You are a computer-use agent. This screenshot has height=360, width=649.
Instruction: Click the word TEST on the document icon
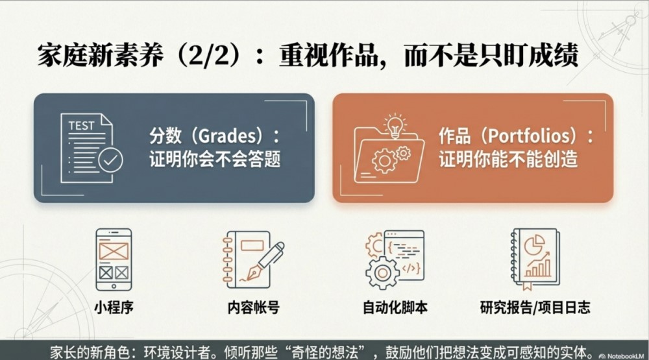point(82,125)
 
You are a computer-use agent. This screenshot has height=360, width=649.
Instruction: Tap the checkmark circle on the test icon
point(110,160)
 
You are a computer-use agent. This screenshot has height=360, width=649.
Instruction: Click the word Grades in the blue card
point(228,136)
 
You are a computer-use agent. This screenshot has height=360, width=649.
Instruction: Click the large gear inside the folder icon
point(384,160)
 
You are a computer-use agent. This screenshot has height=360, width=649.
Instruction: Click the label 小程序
point(114,307)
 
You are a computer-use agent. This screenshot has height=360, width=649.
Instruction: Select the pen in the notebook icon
point(265,261)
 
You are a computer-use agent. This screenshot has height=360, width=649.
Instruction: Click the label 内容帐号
point(254,307)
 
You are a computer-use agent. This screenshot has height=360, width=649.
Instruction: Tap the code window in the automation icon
point(404,255)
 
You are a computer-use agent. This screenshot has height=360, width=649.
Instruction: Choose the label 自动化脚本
point(395,307)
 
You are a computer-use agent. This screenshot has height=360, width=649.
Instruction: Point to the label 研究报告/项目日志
point(535,307)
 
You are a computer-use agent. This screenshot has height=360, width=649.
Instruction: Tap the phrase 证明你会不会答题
point(215,160)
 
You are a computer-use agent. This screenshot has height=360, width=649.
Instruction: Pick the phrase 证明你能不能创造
point(508,160)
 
